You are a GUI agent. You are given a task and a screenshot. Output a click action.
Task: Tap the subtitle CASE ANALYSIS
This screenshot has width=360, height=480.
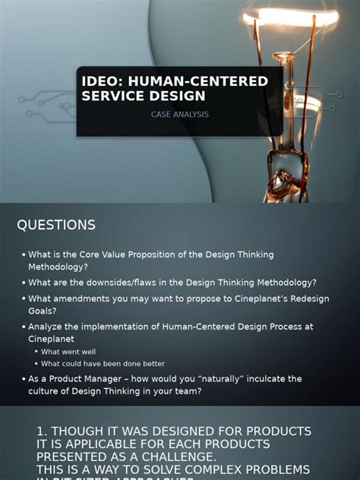(x=180, y=115)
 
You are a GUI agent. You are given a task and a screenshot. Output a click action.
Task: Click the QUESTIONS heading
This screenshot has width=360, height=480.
(x=56, y=225)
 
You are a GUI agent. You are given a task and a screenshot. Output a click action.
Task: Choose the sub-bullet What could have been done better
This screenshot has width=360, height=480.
(x=103, y=364)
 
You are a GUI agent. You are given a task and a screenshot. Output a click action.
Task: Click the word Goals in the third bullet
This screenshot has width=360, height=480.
(x=44, y=311)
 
